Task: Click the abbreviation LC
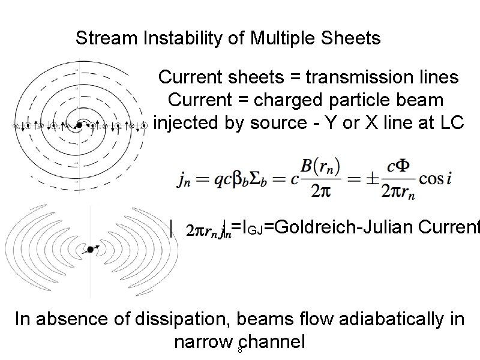(x=451, y=122)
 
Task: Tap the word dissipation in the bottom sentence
(x=179, y=319)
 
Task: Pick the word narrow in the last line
(x=203, y=342)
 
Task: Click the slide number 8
(x=240, y=350)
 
